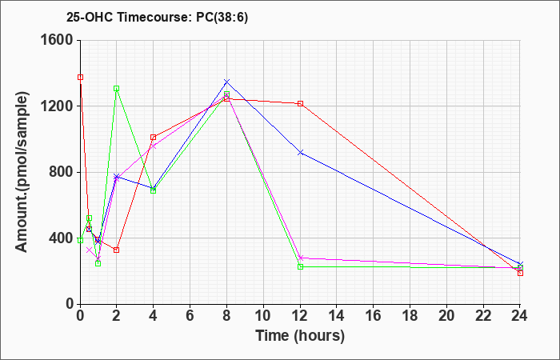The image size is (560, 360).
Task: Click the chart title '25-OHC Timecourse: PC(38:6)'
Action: pos(157,18)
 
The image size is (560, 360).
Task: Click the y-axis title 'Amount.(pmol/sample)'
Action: pos(22,172)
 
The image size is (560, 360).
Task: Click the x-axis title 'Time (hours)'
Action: pos(300,336)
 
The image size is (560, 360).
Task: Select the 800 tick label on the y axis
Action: pos(62,172)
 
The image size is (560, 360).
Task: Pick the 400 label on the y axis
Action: pos(62,238)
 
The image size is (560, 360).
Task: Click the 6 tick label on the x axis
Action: pos(190,316)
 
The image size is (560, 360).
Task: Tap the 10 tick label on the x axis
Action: pos(263,316)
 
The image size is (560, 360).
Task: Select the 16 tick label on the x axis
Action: pos(374,316)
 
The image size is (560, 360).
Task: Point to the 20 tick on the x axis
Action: pos(446,316)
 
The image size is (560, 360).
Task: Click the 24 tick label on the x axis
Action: pos(520,316)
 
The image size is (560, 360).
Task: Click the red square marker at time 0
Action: pos(80,77)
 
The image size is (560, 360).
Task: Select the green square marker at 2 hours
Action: pos(117,89)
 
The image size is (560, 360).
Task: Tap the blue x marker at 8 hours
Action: pos(226,82)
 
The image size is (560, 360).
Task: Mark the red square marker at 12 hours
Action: pos(300,103)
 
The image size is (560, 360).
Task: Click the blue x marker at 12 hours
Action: pos(300,153)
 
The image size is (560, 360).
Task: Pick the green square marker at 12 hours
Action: pos(300,266)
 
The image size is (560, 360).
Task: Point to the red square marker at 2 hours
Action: pos(117,250)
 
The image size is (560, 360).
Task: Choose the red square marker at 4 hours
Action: pos(154,137)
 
